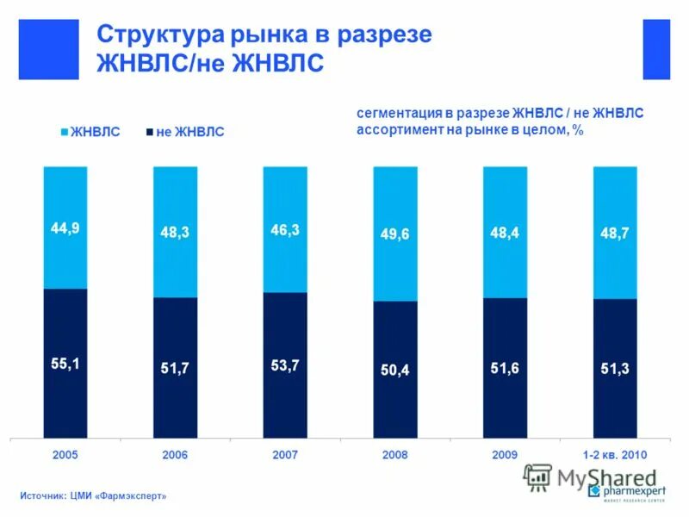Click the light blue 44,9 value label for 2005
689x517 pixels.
65,228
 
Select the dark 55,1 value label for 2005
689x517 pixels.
65,364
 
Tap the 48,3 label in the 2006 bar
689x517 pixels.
175,232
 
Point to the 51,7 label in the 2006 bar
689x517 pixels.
175,368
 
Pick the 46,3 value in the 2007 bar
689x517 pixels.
284,230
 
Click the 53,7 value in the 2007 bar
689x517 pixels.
284,365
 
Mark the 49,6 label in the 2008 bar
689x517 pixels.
395,234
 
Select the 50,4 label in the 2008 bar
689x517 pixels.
395,370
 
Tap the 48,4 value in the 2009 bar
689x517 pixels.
505,233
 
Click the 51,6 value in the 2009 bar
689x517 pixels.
505,368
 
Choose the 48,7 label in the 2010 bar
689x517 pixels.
615,233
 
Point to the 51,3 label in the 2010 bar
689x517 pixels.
615,368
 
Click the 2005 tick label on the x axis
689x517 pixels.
65,454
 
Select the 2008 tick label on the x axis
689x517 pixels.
395,454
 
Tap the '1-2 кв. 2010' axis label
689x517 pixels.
615,454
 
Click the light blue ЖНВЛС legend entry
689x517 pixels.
90,132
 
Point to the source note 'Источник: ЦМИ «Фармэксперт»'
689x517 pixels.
93,495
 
